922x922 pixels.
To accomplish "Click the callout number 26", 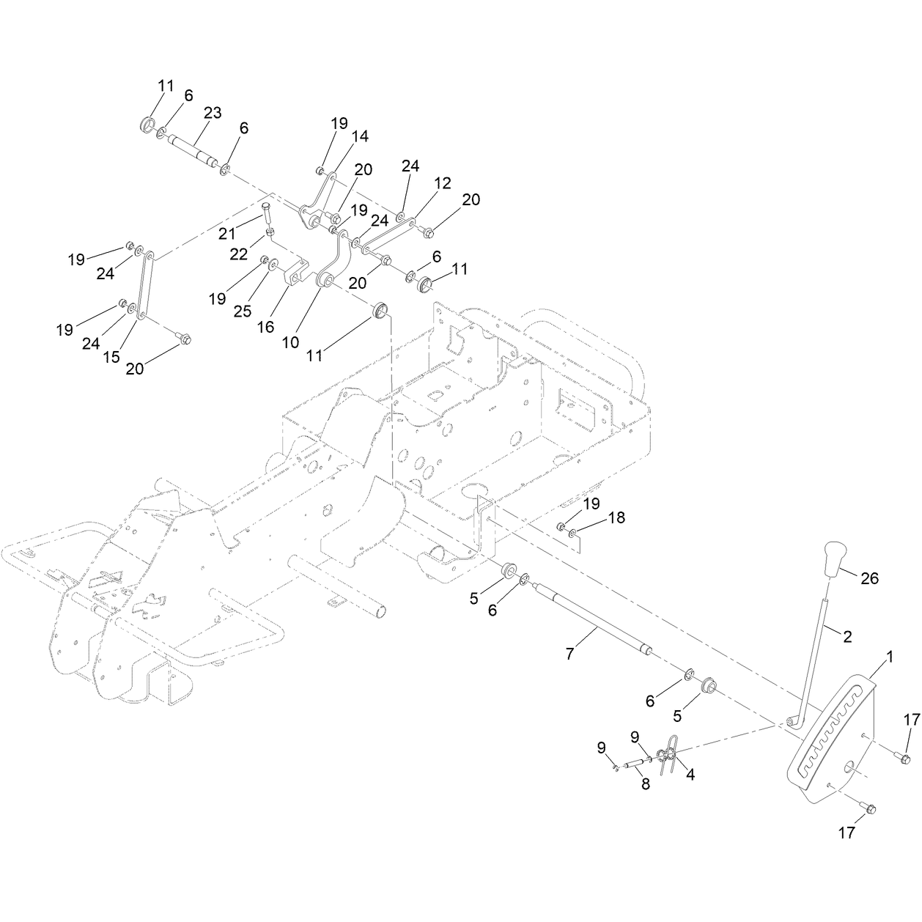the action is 869,578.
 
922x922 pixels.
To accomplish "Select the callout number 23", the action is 213,113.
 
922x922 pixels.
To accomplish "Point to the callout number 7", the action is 569,654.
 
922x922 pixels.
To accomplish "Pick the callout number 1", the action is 890,657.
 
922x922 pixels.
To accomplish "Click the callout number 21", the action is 228,234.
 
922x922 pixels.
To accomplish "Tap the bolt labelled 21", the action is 267,212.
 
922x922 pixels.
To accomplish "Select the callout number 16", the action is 265,327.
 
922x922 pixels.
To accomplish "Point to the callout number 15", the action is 111,357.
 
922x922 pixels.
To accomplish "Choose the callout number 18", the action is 616,517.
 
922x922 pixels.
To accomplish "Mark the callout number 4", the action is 690,775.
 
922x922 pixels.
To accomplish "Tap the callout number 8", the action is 646,797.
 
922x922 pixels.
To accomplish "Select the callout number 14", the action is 360,136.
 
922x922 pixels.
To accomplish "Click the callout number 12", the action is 442,183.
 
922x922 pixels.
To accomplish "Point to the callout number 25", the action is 242,311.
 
